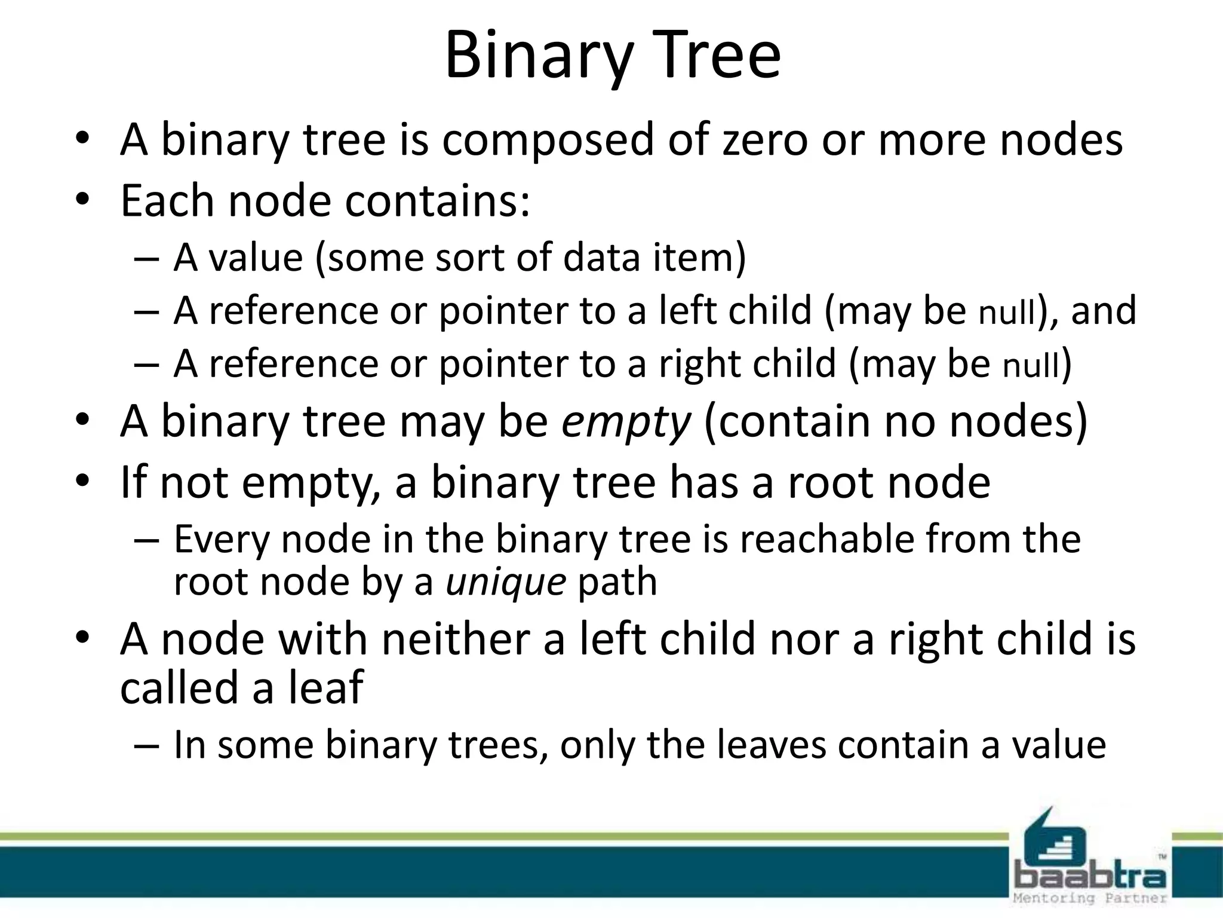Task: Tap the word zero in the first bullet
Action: click(x=765, y=140)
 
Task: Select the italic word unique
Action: click(x=506, y=582)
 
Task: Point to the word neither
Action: click(x=455, y=639)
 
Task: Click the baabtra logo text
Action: click(x=1090, y=877)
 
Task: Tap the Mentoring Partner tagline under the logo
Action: click(x=1090, y=898)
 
